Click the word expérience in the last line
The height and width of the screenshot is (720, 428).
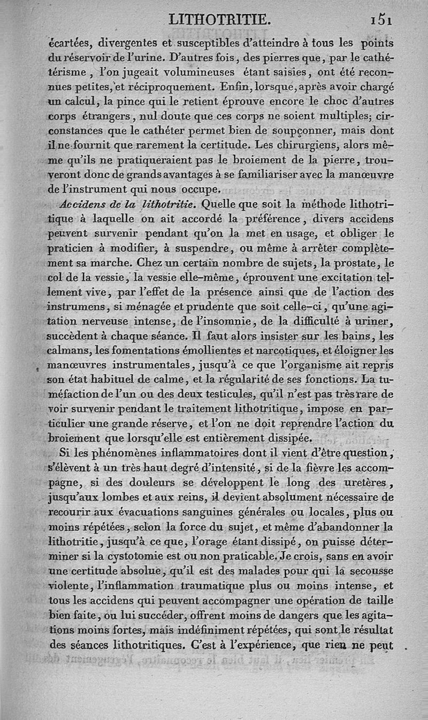click(x=261, y=644)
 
